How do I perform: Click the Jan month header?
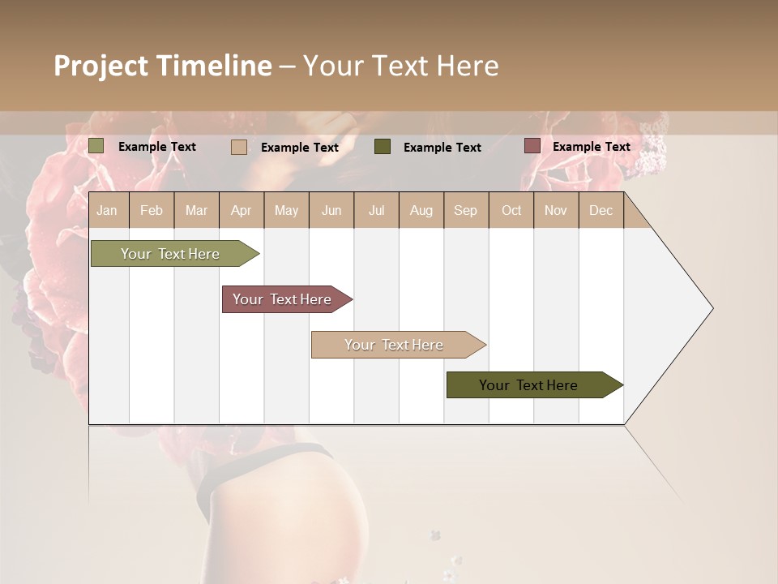pos(107,210)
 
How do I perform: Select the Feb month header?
pos(152,210)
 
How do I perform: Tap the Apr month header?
pos(241,210)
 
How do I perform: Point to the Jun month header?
pos(331,210)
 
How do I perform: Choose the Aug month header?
pos(421,210)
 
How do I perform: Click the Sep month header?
pos(465,210)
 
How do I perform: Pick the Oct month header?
pos(511,210)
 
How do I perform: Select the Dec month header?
pos(601,210)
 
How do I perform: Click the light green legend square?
pos(96,146)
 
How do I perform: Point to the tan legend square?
pos(239,147)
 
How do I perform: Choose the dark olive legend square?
pos(383,147)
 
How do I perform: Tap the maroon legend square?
pos(532,146)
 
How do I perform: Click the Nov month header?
pos(555,210)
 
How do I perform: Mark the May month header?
pos(286,210)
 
